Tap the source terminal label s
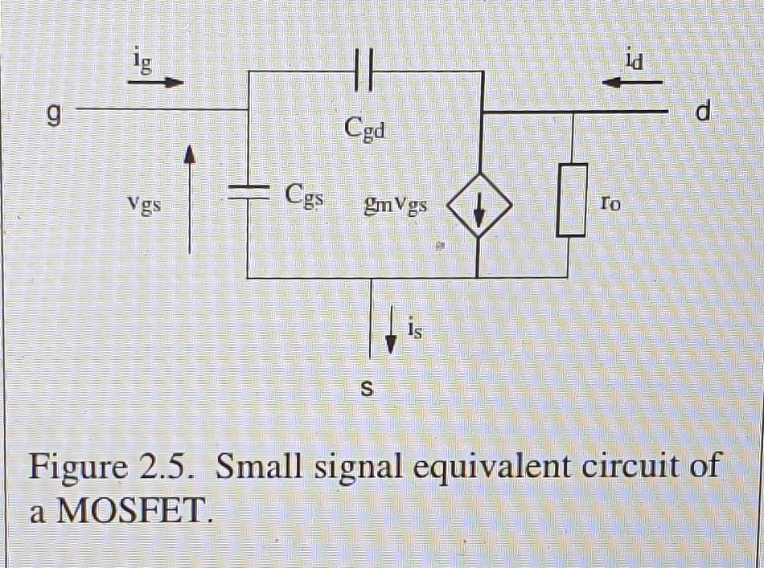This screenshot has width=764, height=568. tap(368, 389)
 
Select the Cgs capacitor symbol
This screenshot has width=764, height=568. tap(248, 191)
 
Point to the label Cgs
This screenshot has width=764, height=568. tap(306, 195)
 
